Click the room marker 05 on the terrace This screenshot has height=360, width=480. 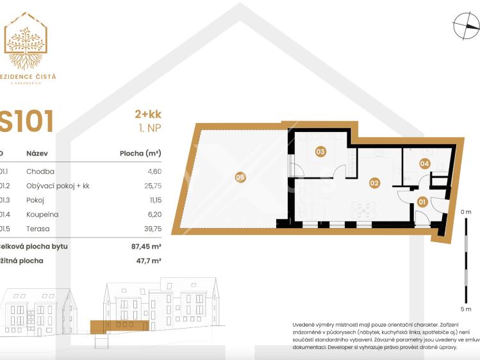click(x=240, y=177)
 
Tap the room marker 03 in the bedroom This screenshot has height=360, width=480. click(x=320, y=152)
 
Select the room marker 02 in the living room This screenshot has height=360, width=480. click(x=374, y=183)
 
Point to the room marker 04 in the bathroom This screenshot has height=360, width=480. click(x=424, y=163)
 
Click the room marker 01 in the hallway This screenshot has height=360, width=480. click(x=422, y=202)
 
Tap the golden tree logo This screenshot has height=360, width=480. click(x=26, y=41)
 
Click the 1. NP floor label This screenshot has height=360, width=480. click(x=149, y=129)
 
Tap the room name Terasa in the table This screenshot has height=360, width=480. click(x=38, y=229)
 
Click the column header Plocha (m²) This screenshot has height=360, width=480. click(x=140, y=154)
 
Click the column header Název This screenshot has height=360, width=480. click(x=37, y=154)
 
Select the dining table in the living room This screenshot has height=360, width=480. click(x=362, y=209)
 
